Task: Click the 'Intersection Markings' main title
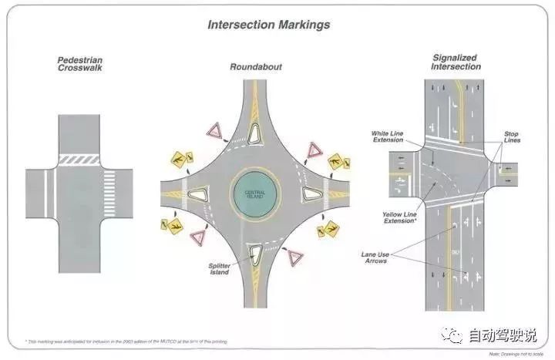[x=268, y=25]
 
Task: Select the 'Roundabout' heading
[x=256, y=67]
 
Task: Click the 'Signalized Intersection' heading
[x=456, y=62]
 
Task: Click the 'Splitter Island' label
[x=217, y=269]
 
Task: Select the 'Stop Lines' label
[x=511, y=138]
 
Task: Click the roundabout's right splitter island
[x=311, y=192]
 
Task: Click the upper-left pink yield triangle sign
[x=214, y=130]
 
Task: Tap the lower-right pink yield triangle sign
[x=295, y=257]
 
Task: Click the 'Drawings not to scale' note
[x=516, y=354]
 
